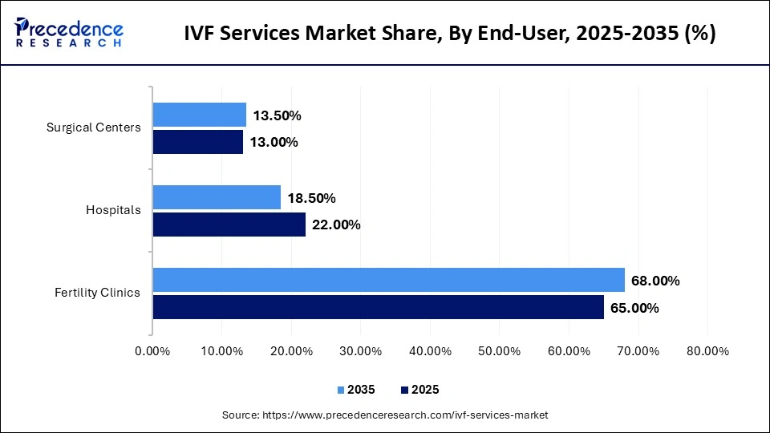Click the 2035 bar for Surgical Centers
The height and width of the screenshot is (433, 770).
pos(199,115)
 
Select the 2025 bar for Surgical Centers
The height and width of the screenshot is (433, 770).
pos(197,142)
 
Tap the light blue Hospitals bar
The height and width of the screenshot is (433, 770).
pos(217,197)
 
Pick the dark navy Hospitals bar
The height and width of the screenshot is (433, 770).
pos(229,225)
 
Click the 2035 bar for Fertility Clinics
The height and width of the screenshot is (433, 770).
pos(388,280)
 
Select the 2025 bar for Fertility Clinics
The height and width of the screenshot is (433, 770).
pos(378,307)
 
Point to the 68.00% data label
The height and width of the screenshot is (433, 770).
pos(655,281)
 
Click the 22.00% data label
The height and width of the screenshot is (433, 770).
pos(336,225)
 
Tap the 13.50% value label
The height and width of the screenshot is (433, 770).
pos(277,116)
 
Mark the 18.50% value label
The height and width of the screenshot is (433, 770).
pos(311,198)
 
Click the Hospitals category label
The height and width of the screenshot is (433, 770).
pos(113,210)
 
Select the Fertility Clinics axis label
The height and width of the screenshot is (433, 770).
pos(97,293)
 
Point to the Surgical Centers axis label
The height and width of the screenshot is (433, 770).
pos(93,127)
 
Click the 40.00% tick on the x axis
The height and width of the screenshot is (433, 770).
pos(430,351)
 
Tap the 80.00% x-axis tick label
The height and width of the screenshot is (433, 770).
pos(707,351)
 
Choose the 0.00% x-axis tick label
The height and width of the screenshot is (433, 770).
pos(152,351)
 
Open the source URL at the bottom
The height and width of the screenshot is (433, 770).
pos(385,415)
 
